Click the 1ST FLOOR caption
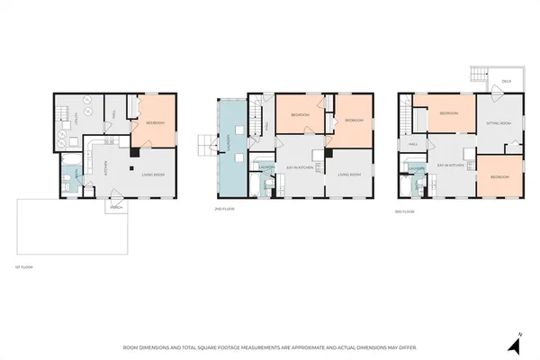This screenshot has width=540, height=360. tap(24, 267)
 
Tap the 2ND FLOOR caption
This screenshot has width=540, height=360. tap(223, 208)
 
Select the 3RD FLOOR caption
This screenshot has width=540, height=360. tap(404, 211)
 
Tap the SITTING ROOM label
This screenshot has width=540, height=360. tap(499, 122)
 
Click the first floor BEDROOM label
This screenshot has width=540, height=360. tap(155, 122)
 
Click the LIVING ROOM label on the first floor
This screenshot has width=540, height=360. tap(153, 174)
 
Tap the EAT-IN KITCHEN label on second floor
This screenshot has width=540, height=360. tap(299, 166)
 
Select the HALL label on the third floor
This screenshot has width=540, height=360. tap(413, 144)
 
